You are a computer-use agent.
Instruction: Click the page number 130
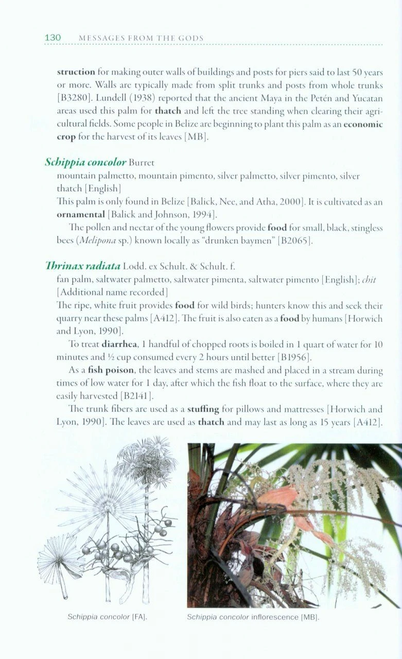(x=53, y=38)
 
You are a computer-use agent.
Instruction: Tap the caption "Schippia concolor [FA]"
(x=100, y=617)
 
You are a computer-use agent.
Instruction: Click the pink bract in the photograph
(x=281, y=497)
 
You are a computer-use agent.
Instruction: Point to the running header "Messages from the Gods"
(x=141, y=38)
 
